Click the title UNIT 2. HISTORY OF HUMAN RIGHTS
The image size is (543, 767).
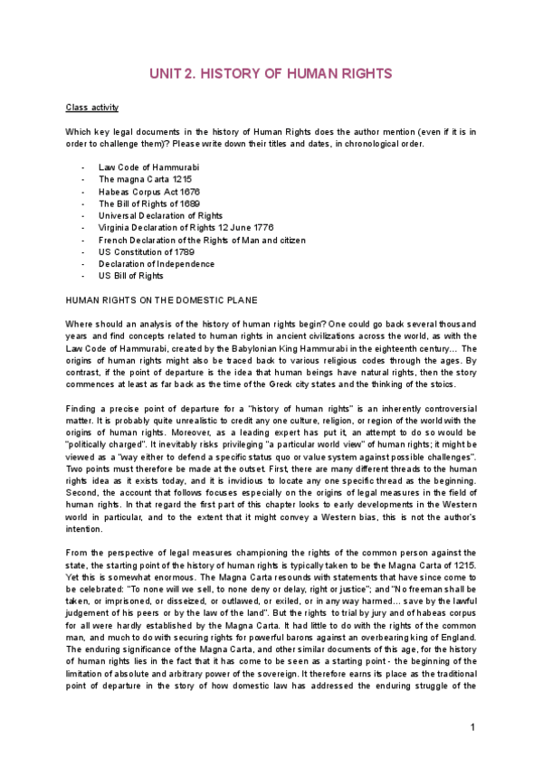point(271,72)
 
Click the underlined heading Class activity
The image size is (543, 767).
point(91,108)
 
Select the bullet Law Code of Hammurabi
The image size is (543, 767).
point(148,168)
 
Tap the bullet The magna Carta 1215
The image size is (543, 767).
point(145,180)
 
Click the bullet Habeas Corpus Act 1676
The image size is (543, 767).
point(149,192)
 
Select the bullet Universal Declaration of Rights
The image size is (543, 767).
point(160,216)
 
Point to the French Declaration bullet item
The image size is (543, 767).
point(202,240)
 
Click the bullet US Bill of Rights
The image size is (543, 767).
point(131,276)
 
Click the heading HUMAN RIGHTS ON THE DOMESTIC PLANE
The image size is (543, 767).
point(161,299)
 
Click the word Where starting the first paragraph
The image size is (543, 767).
point(79,324)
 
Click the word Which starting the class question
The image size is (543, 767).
point(78,132)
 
